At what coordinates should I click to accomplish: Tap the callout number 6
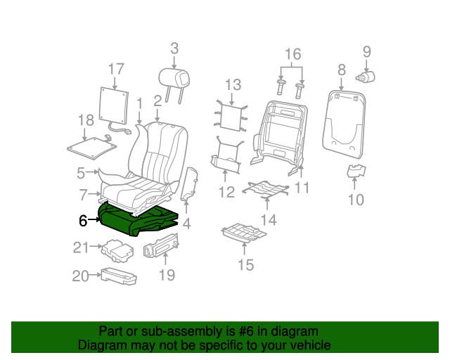click(x=83, y=221)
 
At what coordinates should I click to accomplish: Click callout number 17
click(x=116, y=69)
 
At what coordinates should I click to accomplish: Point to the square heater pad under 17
click(x=114, y=105)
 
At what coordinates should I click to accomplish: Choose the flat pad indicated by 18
click(x=92, y=148)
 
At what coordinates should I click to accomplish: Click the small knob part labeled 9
click(x=366, y=77)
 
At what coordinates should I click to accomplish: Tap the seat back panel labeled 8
click(x=344, y=124)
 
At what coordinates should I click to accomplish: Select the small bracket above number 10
click(x=356, y=171)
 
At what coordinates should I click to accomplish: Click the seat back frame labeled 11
click(x=278, y=137)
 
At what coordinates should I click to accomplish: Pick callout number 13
click(x=233, y=84)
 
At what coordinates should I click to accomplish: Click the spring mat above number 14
click(x=266, y=189)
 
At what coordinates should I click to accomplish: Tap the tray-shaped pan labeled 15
click(x=244, y=233)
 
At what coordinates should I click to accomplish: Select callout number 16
click(x=292, y=54)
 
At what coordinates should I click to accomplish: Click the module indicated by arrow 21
click(x=117, y=250)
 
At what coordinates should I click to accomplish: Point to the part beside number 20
click(x=119, y=277)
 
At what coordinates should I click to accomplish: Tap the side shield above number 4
click(x=189, y=184)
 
